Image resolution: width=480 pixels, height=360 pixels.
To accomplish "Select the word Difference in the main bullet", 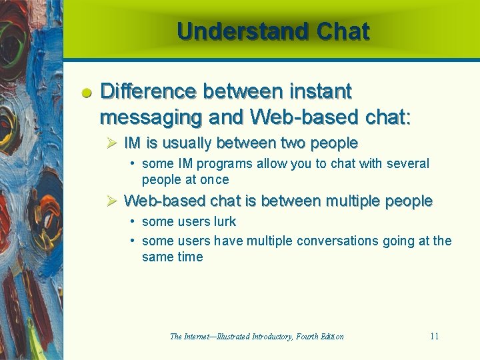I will tap(147, 91).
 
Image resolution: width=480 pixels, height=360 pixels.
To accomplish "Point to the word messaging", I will tap(151, 117).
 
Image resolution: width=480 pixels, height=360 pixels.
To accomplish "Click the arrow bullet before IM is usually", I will tap(112, 143).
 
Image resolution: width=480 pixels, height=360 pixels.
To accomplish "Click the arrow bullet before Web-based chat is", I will tap(112, 201).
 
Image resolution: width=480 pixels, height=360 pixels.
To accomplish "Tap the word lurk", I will tap(224, 221).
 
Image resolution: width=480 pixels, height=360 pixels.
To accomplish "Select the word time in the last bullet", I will tap(190, 257).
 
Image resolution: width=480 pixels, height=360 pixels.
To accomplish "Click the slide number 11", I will tap(434, 336).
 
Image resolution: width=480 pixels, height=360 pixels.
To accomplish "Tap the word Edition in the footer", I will tap(331, 337).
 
